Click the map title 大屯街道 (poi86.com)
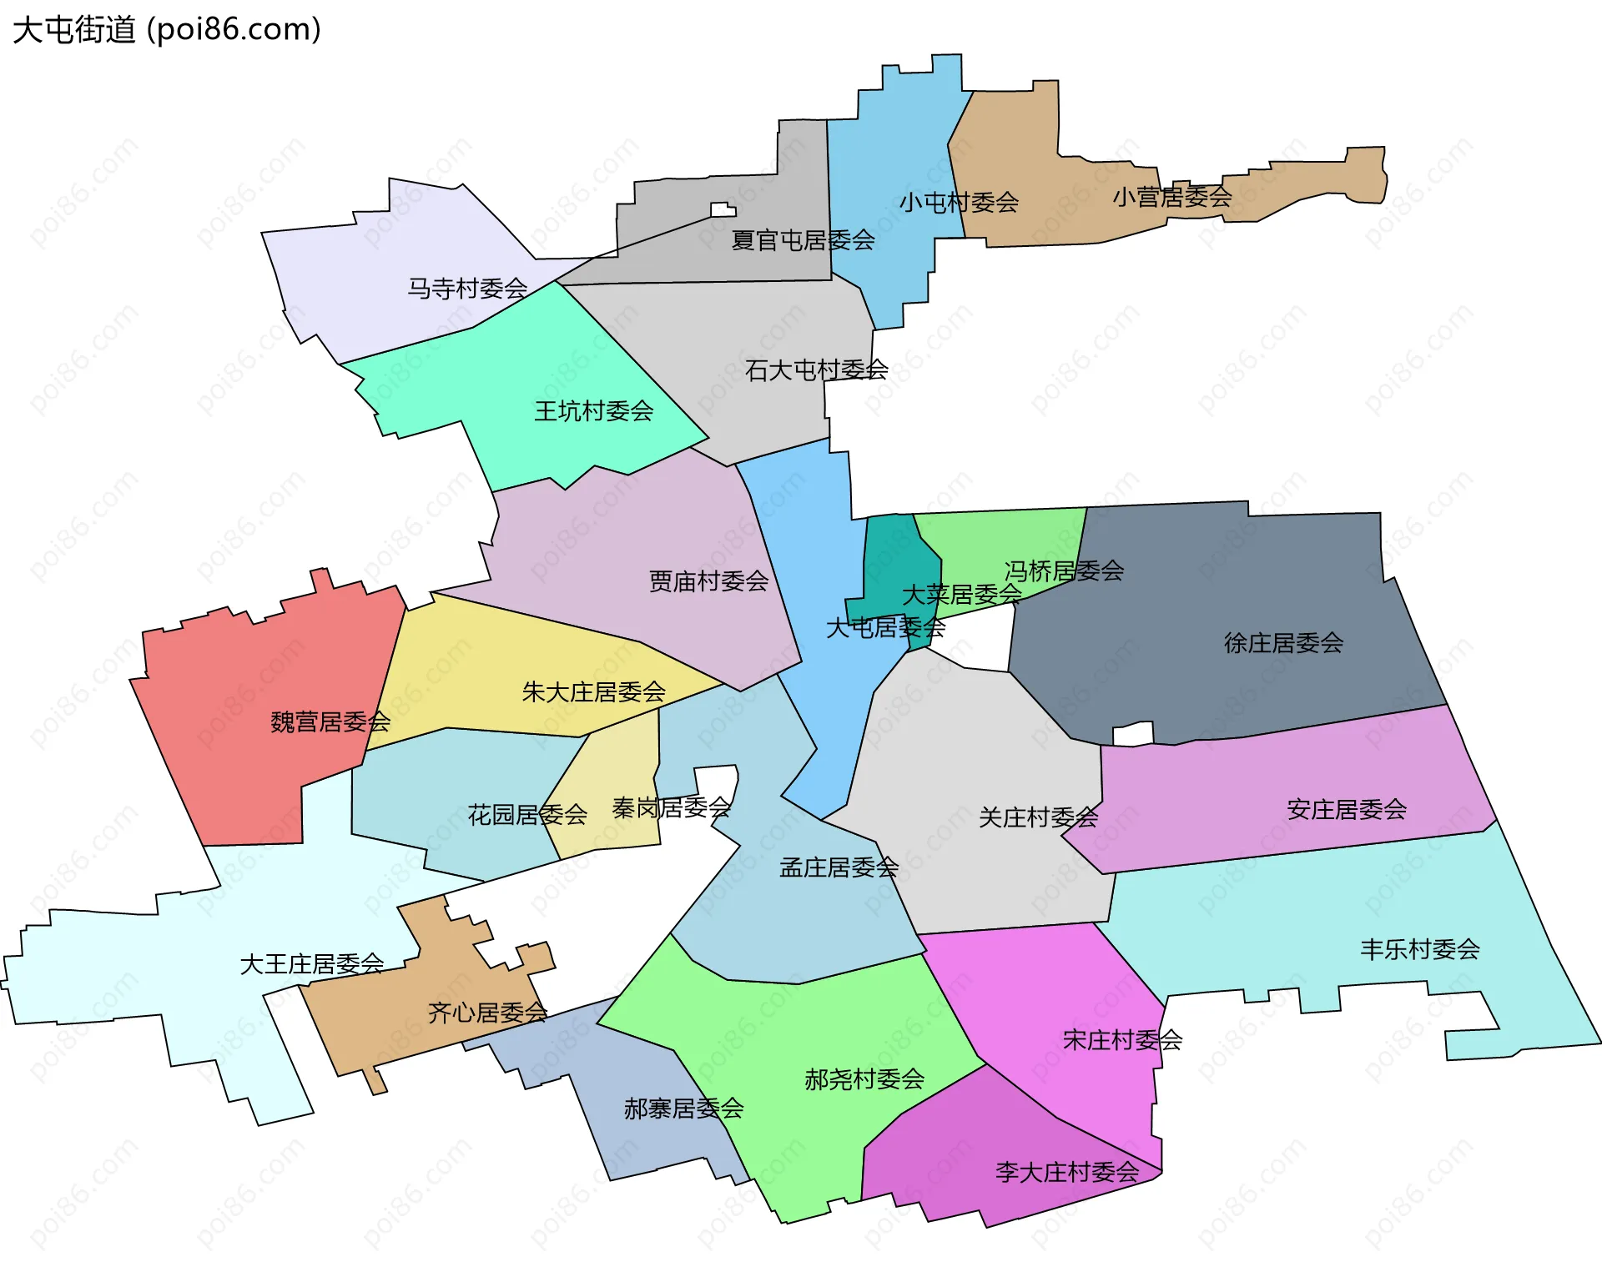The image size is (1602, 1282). tap(167, 30)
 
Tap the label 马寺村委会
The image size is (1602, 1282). tap(467, 289)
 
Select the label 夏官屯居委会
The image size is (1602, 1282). tap(803, 241)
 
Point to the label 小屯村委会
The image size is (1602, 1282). tap(959, 203)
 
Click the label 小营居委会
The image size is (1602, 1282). tap(1171, 198)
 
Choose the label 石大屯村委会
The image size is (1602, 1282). tap(816, 370)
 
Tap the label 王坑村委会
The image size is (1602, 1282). tap(593, 411)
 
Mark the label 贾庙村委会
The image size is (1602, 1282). tap(708, 581)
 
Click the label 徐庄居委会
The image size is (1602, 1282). tap(1283, 643)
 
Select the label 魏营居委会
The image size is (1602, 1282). tap(330, 722)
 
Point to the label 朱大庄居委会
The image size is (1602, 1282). tap(593, 692)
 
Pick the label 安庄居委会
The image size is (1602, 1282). tap(1346, 810)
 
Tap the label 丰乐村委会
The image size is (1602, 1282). tap(1419, 949)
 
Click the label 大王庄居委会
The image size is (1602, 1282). tap(311, 965)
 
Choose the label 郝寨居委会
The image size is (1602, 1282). tap(683, 1109)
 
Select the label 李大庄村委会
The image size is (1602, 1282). tap(1066, 1173)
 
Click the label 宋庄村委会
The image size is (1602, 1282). tap(1122, 1040)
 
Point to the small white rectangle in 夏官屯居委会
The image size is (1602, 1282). tap(723, 209)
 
